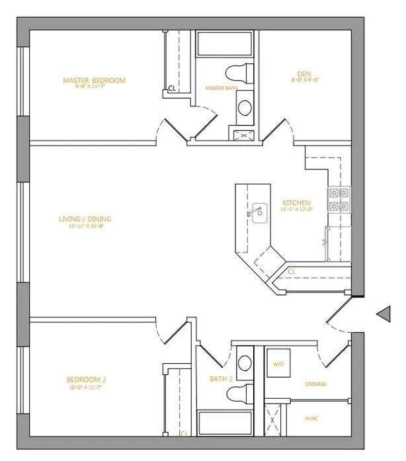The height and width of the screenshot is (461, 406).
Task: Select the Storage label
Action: coord(315,384)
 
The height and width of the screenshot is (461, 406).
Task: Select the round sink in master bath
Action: coord(244,106)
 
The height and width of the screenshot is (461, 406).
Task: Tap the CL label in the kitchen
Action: coord(292,271)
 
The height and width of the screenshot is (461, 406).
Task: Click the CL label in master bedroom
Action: coord(171,87)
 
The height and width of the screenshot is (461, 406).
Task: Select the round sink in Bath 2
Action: coord(244,362)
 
